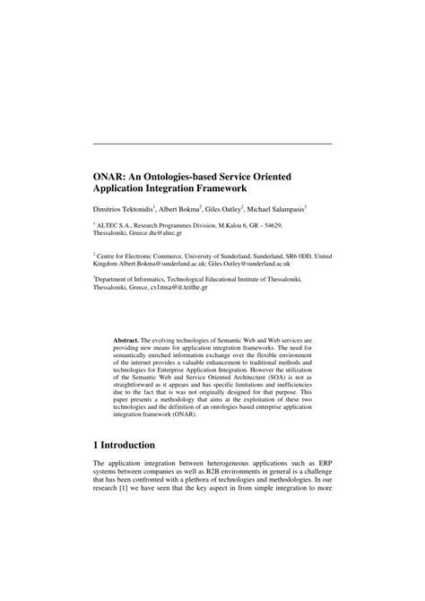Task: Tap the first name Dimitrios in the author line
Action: [110, 208]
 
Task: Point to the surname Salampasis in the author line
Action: [283, 208]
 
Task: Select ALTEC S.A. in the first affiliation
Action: [117, 227]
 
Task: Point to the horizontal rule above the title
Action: [212, 144]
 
